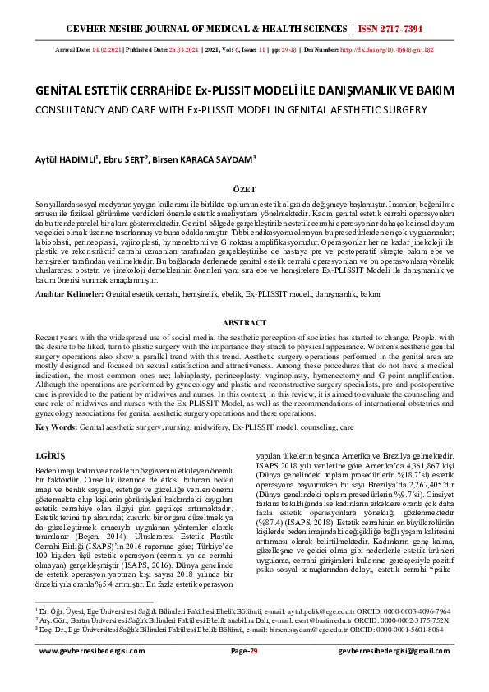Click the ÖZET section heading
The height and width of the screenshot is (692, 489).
click(244, 188)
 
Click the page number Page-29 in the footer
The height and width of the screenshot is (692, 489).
click(244, 673)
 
